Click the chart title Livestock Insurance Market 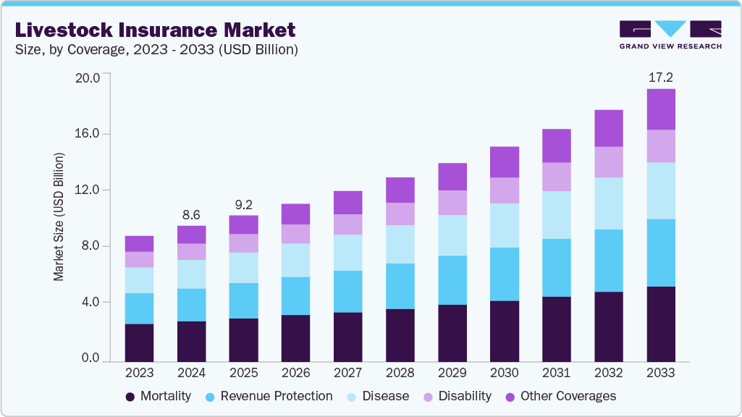pos(155,30)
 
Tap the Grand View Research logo pos(670,35)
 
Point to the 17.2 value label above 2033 pos(660,77)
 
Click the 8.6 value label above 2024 pos(191,214)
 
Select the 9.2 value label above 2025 pos(243,204)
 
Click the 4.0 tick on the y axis pos(90,302)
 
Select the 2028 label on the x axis pos(400,373)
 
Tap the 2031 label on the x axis pos(556,373)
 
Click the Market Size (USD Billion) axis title pos(59,217)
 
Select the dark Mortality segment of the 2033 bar pos(660,324)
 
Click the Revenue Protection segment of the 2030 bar pos(504,274)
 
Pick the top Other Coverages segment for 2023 pos(139,243)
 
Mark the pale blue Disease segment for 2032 pos(608,203)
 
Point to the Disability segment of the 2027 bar pos(347,224)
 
